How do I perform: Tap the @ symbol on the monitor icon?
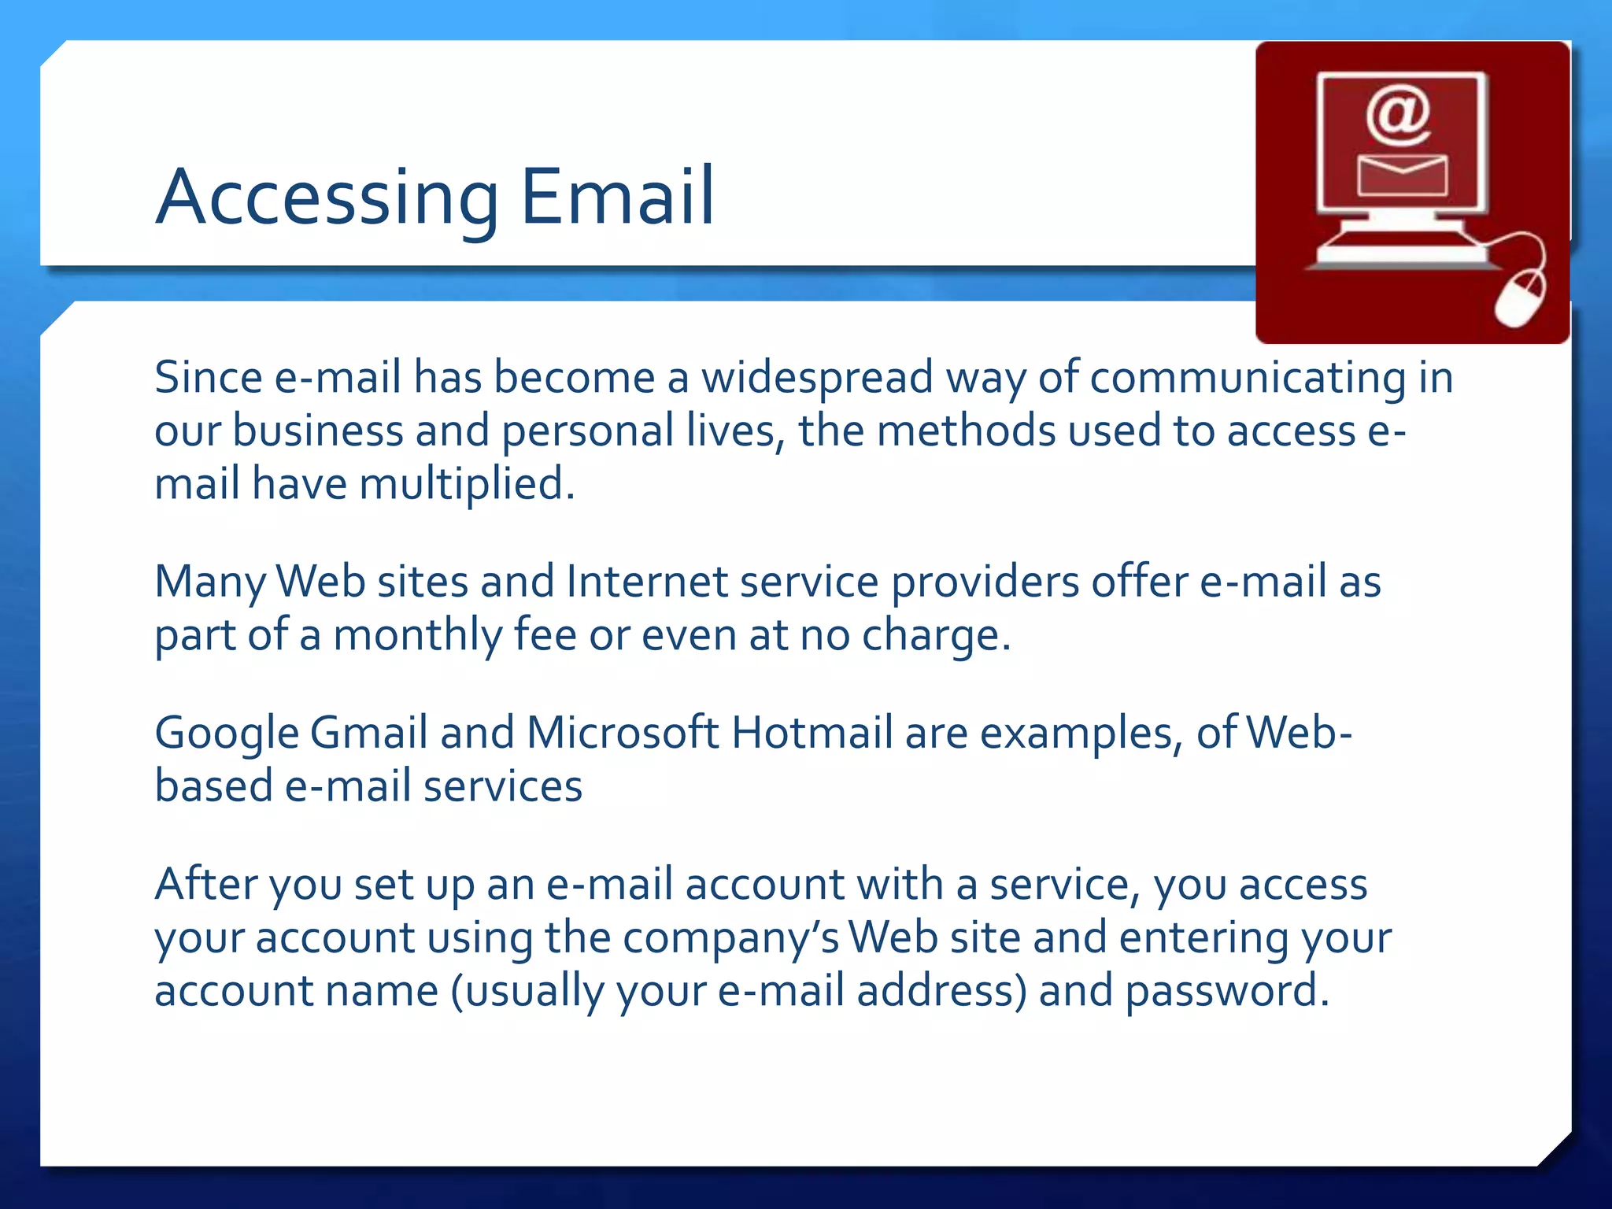click(x=1399, y=116)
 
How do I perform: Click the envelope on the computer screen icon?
click(x=1402, y=175)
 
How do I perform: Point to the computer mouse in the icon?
click(x=1519, y=298)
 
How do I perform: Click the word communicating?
click(x=1248, y=378)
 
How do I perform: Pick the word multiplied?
click(x=467, y=483)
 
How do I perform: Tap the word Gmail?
click(x=368, y=734)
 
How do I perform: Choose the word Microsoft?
click(x=622, y=733)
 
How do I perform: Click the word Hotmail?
click(x=812, y=733)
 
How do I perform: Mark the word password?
click(x=1226, y=991)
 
